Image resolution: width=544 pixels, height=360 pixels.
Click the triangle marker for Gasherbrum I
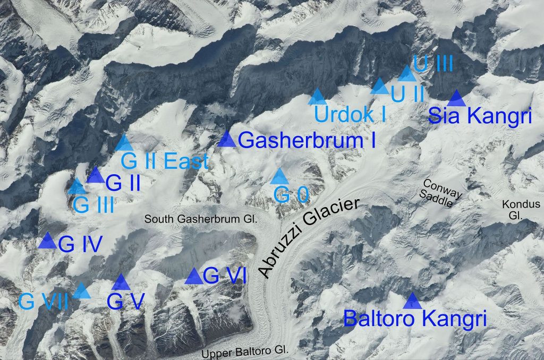coord(227,140)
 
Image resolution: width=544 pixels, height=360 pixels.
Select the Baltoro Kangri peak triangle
coord(412,302)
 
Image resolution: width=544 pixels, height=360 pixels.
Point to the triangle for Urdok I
coord(318,97)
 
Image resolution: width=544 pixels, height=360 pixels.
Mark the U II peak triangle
coord(380,87)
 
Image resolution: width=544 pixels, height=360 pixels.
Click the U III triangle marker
coord(407,74)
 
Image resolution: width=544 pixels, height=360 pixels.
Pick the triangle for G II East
coord(124,143)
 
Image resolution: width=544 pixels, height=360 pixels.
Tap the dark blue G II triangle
coord(96,175)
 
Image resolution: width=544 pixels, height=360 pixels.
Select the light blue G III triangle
coord(77,187)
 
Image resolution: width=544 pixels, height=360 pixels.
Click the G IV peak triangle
coord(48,241)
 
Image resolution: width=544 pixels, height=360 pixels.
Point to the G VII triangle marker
coord(82,290)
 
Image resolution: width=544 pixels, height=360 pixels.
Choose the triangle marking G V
coord(121,282)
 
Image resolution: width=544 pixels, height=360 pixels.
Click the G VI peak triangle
coord(194,276)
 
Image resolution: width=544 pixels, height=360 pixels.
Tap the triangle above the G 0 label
coord(280,177)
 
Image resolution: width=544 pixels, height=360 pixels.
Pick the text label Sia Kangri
coord(480,116)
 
